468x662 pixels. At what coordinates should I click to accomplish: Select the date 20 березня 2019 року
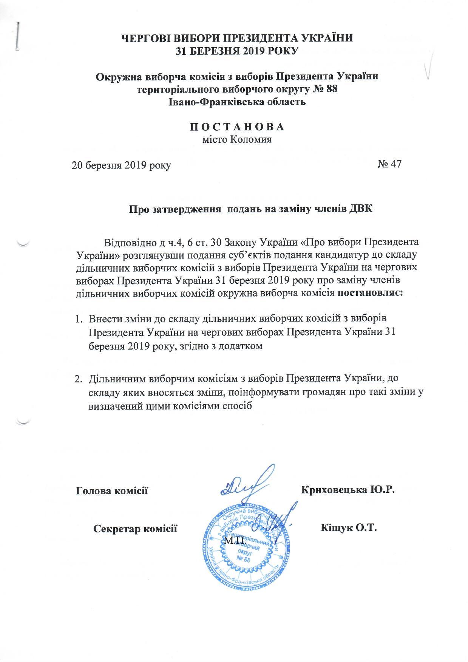tap(122, 165)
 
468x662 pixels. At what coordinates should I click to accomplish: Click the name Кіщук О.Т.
tap(349, 527)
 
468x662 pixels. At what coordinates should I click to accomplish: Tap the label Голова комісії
tap(112, 491)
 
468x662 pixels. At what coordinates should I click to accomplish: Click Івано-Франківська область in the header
tap(237, 102)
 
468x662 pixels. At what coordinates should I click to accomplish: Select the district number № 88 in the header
tap(323, 90)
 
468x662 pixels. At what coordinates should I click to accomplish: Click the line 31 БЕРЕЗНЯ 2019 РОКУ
tap(237, 50)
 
